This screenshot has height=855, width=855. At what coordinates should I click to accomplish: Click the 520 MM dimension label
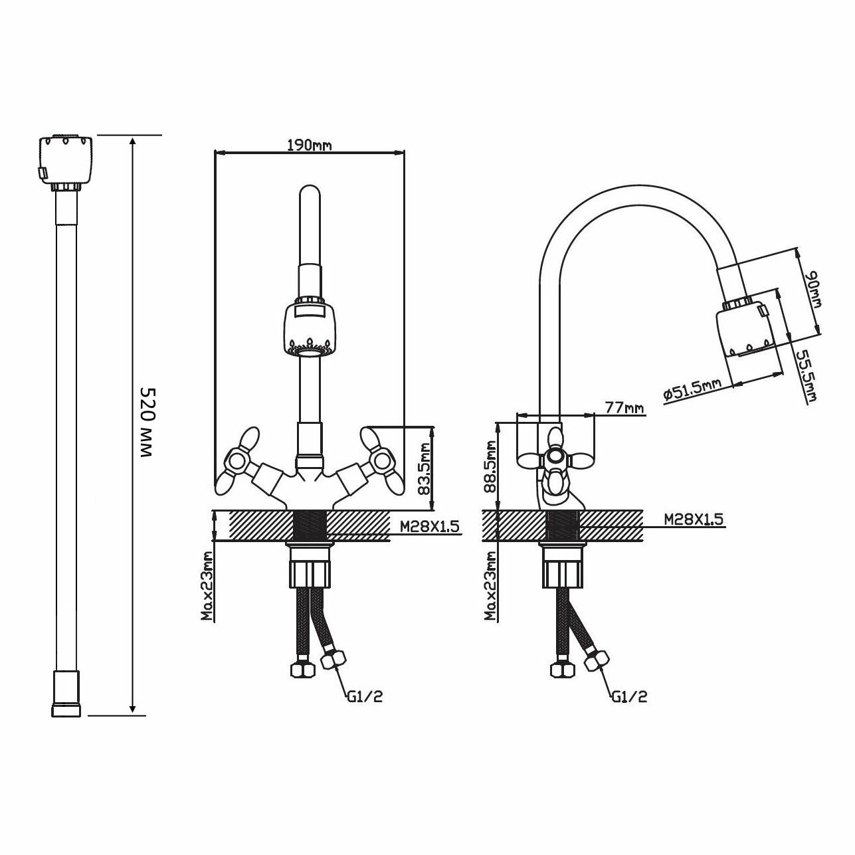point(146,423)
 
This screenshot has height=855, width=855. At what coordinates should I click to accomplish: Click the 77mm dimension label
point(624,408)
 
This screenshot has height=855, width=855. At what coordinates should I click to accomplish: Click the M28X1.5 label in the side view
point(694,519)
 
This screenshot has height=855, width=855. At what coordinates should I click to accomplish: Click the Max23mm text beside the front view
point(209,586)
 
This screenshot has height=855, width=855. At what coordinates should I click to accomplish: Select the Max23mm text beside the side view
point(492,586)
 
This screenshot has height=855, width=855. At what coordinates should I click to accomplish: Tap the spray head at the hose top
point(66,161)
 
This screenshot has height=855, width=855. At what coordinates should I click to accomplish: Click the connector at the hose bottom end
point(66,694)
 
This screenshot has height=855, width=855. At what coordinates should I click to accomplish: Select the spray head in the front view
point(309,328)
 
